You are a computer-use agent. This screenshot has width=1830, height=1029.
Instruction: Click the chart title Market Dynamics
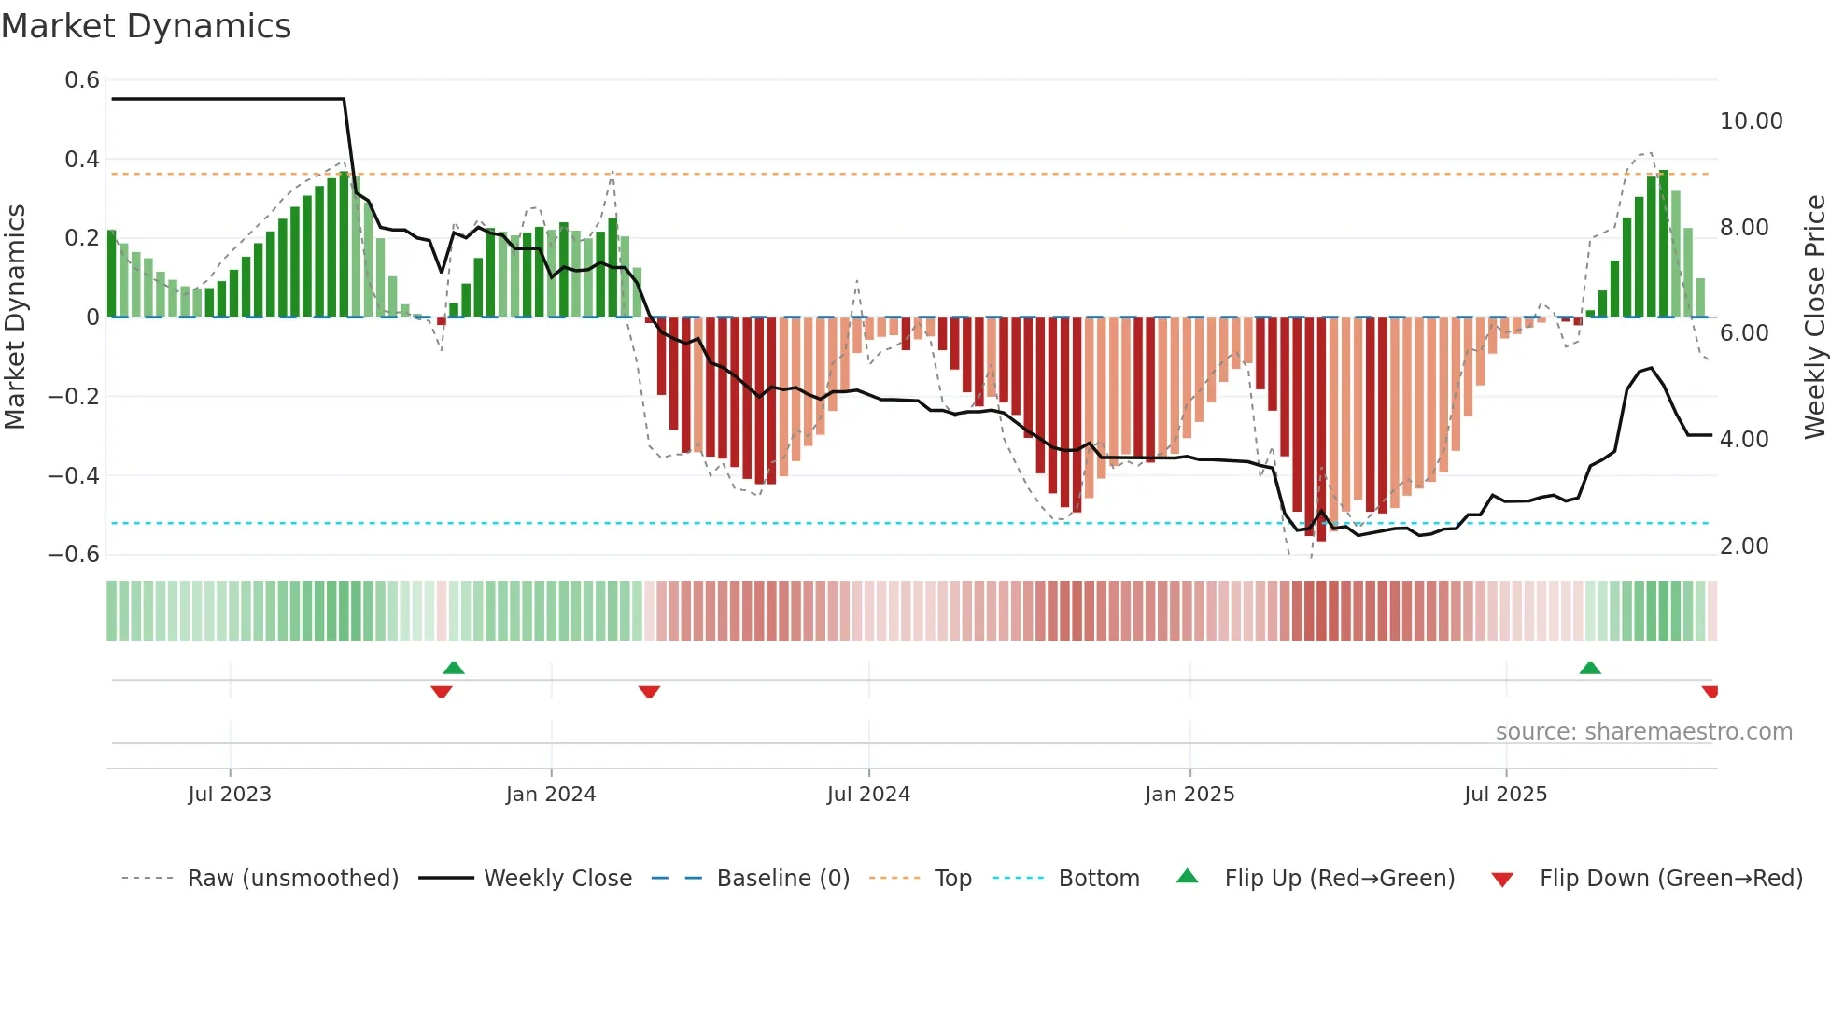click(x=147, y=26)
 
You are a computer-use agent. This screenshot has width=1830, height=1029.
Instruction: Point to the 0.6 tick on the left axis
click(x=82, y=80)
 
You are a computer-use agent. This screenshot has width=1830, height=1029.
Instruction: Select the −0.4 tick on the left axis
click(x=74, y=475)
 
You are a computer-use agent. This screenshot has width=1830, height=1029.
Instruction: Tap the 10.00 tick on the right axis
click(x=1751, y=121)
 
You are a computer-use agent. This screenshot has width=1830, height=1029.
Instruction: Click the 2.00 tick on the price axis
click(x=1744, y=546)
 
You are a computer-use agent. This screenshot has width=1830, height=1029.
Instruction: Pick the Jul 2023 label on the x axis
click(x=230, y=795)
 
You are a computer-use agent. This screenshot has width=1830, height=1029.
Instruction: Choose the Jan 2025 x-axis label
click(x=1189, y=795)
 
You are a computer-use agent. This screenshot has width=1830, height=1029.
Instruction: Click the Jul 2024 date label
click(x=868, y=795)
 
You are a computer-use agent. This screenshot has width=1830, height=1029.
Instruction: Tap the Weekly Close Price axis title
click(x=1814, y=317)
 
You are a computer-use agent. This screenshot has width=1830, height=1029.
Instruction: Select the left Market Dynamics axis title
click(x=15, y=317)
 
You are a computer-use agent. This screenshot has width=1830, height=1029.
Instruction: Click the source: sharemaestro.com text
click(x=1643, y=732)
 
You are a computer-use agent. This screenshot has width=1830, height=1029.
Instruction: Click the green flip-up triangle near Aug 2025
click(x=1590, y=668)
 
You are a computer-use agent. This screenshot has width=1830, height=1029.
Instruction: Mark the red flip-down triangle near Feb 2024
click(x=650, y=692)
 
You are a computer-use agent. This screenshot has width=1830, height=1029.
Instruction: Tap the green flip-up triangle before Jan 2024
click(x=454, y=668)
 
